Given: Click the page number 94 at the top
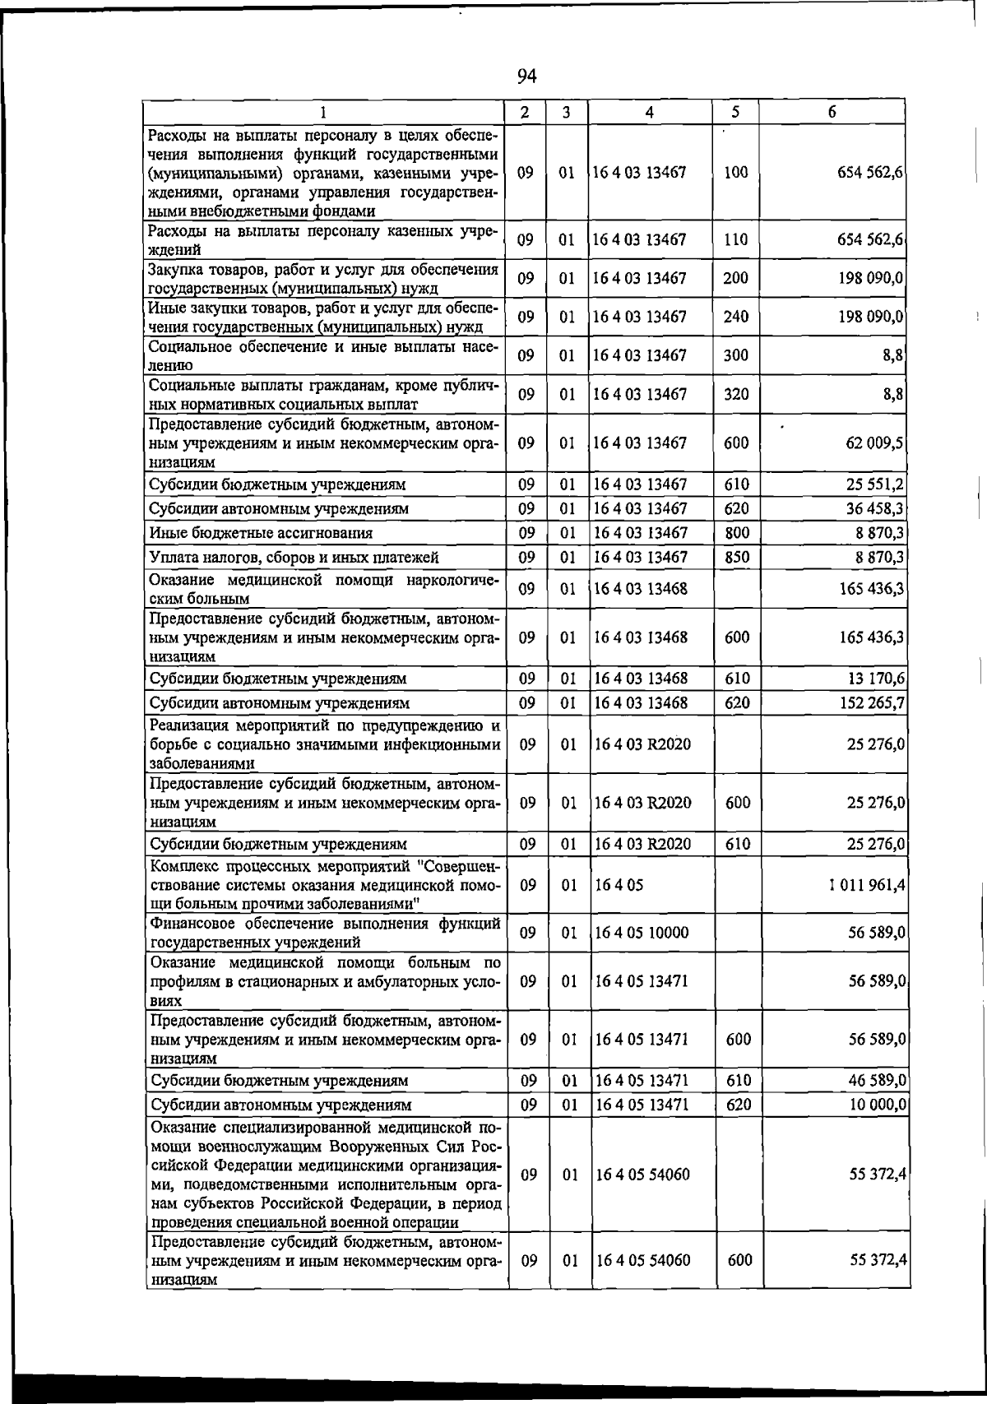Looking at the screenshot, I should [526, 76].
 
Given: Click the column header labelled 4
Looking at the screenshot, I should [650, 112].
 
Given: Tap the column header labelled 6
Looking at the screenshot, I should [832, 112].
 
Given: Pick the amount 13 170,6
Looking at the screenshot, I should [875, 679].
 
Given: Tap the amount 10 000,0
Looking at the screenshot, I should [877, 1105].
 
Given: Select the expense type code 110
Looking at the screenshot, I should [735, 240].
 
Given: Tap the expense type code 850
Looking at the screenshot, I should [736, 558].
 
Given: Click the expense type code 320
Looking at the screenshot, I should [736, 395].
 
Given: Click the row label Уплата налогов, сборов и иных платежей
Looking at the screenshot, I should [294, 558].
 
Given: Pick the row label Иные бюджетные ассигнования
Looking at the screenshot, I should [261, 533].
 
